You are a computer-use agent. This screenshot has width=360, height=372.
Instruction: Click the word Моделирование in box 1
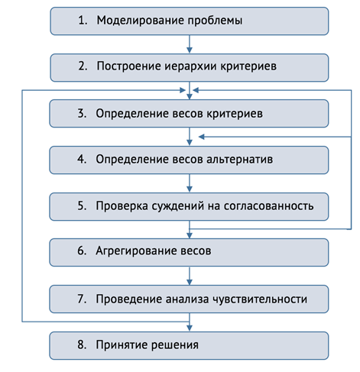[141, 21]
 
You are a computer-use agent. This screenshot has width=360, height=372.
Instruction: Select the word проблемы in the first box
[216, 21]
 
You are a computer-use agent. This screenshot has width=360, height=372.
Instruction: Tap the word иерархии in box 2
[190, 66]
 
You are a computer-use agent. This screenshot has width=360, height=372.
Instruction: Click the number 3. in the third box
[82, 113]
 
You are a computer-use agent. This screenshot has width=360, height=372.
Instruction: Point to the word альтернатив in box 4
[239, 160]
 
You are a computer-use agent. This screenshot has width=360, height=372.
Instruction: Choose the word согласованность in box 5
[268, 206]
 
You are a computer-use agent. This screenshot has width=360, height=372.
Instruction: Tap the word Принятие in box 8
[122, 345]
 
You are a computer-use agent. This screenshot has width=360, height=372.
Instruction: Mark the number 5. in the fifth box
[82, 205]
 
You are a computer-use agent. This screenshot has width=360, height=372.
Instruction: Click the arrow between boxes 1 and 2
[190, 44]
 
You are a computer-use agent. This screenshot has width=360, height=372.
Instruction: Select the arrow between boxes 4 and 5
[190, 183]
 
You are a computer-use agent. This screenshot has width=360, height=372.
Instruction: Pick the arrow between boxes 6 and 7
[190, 276]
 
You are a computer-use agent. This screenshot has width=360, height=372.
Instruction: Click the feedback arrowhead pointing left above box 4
[202, 137]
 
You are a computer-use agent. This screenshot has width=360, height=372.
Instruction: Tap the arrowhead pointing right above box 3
[183, 90]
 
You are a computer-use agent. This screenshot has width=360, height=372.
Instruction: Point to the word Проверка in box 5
[122, 206]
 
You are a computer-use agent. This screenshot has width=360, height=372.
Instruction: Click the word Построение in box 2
[129, 66]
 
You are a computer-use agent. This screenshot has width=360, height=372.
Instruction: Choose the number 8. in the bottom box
[82, 345]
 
